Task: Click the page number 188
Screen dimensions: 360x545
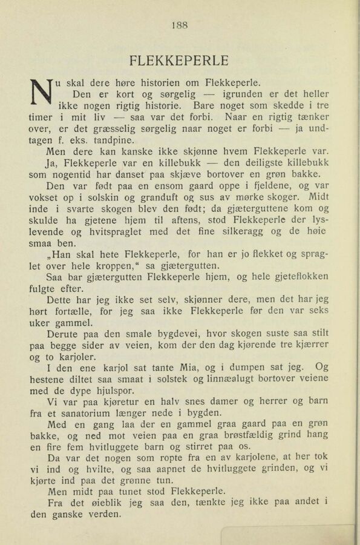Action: click(x=180, y=25)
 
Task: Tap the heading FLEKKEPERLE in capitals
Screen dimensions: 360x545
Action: click(x=179, y=61)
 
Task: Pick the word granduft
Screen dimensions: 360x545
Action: click(x=157, y=197)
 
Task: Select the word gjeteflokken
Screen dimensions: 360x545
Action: click(x=297, y=277)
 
